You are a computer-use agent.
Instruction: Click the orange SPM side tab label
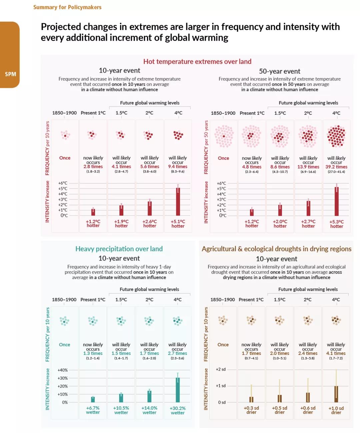10,74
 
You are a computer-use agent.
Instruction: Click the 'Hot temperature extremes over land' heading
197,61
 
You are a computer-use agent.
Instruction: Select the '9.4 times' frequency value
178,166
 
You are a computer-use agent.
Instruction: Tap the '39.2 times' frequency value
336,167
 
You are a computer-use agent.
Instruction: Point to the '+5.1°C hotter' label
178,224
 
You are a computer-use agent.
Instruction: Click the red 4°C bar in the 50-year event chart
336,202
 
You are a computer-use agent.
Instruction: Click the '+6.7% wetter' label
93,410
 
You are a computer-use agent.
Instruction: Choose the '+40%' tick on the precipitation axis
63,370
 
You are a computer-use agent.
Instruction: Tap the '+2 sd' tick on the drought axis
221,369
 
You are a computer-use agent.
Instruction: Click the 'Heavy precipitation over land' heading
119,249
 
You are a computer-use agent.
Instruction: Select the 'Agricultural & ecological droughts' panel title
276,249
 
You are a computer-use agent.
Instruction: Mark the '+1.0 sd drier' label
336,410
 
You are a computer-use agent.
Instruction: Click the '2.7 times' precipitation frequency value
177,353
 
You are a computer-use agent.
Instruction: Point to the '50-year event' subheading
279,71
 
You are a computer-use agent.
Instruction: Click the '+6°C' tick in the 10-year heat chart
63,183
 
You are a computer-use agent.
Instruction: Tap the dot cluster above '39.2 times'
336,136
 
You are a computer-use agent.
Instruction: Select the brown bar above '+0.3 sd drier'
251,399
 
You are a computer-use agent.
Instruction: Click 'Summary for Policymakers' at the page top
67,7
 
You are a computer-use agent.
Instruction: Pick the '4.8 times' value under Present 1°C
252,167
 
